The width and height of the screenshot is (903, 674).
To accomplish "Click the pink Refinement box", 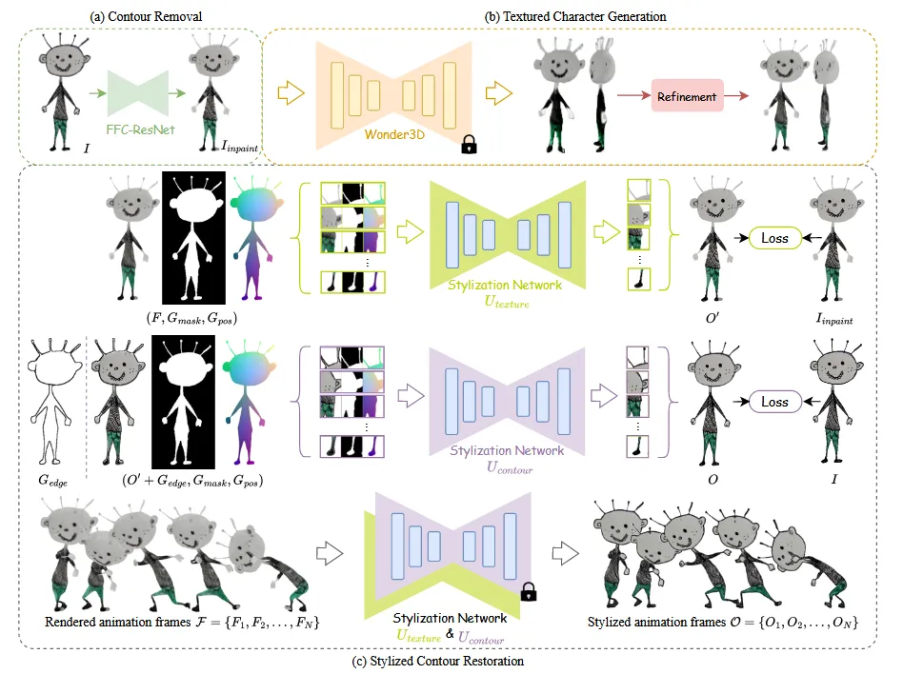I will pos(687,96).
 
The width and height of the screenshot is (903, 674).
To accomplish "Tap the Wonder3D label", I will pos(395,136).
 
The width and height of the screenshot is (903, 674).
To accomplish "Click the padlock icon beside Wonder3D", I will pos(468,145).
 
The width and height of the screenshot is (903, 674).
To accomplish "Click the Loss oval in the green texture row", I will pos(775,238).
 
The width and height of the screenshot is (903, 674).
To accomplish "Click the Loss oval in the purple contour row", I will pos(775,402).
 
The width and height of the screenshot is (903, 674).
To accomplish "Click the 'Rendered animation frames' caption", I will pos(181,623).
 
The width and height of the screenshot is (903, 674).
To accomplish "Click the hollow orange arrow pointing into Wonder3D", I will pos(287,93).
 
